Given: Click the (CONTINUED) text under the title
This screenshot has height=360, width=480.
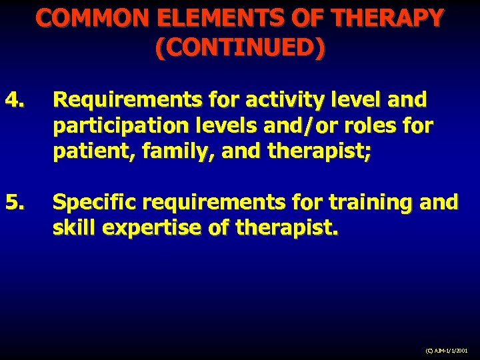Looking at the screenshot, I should pos(240,47).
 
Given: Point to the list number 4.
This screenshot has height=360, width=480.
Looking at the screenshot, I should pos(15,101).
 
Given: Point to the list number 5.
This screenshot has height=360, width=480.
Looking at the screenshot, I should pos(15,201).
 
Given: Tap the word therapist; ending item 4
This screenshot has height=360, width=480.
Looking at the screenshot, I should pos(319,153).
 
